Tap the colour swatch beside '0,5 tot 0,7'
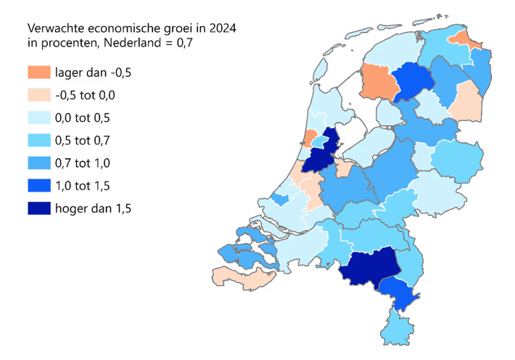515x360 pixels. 40,140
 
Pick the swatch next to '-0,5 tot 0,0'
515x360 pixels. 40,94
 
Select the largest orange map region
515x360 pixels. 379,81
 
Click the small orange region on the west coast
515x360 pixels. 309,137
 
